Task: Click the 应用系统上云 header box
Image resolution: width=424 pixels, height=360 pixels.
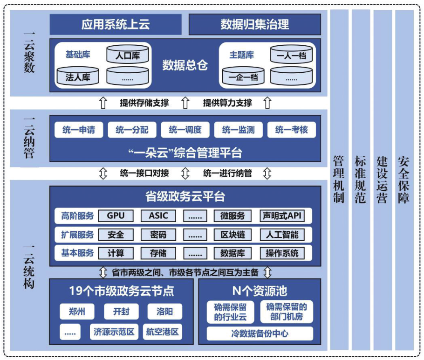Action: (115, 24)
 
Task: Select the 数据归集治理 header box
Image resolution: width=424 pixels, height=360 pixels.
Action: (255, 24)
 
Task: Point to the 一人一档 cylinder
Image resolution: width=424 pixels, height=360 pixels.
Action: (291, 55)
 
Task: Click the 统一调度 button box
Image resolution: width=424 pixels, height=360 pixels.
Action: (185, 130)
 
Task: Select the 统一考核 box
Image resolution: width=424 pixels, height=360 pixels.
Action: (291, 130)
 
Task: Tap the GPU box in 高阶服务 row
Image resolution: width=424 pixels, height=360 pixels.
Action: (116, 216)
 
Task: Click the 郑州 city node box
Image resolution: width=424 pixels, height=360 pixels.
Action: (77, 311)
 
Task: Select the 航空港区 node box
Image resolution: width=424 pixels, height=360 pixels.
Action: (162, 332)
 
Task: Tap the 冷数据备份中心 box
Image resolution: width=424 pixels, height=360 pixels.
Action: (260, 333)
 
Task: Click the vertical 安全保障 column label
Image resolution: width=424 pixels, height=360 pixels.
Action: (404, 180)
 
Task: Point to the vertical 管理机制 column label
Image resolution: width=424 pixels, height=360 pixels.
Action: (339, 180)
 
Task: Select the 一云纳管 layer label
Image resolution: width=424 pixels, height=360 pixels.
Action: (29, 138)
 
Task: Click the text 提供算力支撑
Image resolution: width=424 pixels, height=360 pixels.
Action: (227, 103)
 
